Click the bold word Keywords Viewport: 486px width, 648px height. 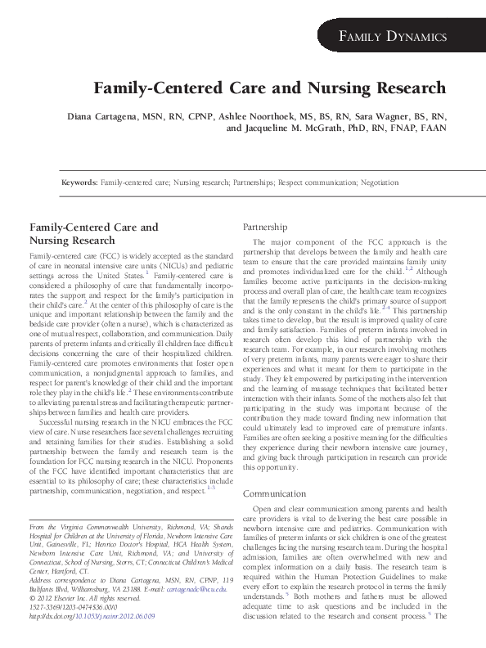tap(79, 184)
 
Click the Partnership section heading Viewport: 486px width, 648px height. tap(267, 226)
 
